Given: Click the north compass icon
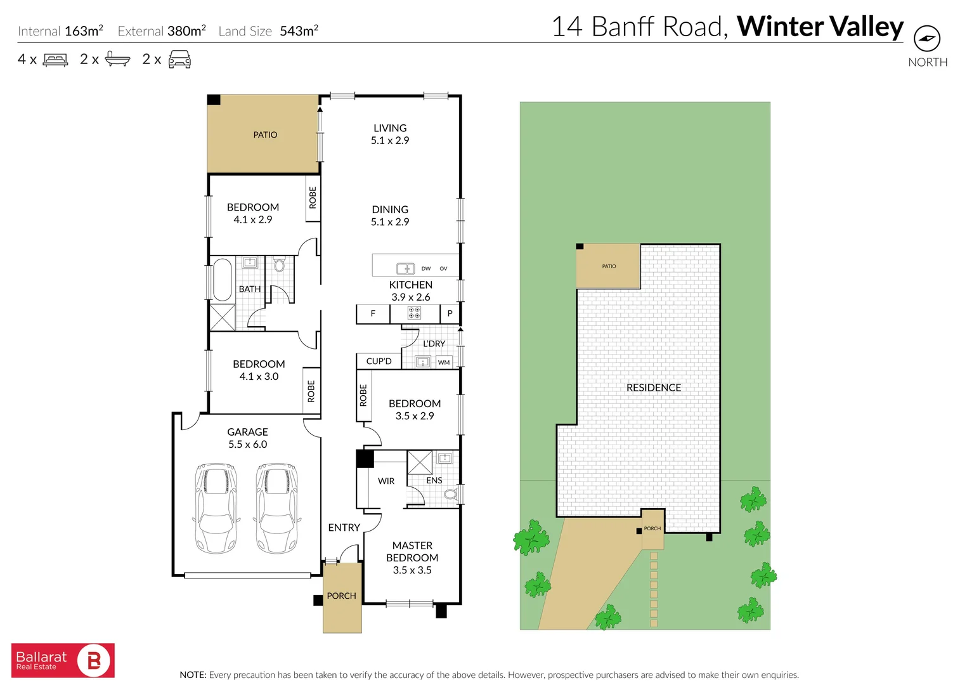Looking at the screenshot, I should point(926,39).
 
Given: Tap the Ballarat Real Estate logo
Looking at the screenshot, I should point(63,660).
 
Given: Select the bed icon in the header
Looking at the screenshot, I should point(55,60).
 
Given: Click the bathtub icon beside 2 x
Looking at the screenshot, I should point(117,59).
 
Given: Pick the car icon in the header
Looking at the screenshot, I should point(179,60).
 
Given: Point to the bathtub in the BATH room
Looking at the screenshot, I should point(222,279).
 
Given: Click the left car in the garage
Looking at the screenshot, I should point(216,508).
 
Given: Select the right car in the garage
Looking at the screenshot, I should point(276,508).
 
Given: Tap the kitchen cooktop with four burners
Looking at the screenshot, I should point(414,313).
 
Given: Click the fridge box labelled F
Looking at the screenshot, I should point(373,313).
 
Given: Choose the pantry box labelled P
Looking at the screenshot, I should point(450,313).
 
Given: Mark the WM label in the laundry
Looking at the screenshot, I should point(444,362).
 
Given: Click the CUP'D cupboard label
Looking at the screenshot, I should point(379,361).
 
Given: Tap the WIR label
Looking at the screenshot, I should point(386,481).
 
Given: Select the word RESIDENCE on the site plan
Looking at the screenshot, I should point(653,388).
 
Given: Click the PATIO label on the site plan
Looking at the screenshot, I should point(609,266).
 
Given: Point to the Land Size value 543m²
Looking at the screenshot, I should point(299,30).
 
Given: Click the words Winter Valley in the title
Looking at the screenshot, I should point(819,27).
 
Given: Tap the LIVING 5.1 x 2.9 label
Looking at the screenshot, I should point(390,134).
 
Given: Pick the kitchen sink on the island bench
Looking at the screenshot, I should point(405,268).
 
